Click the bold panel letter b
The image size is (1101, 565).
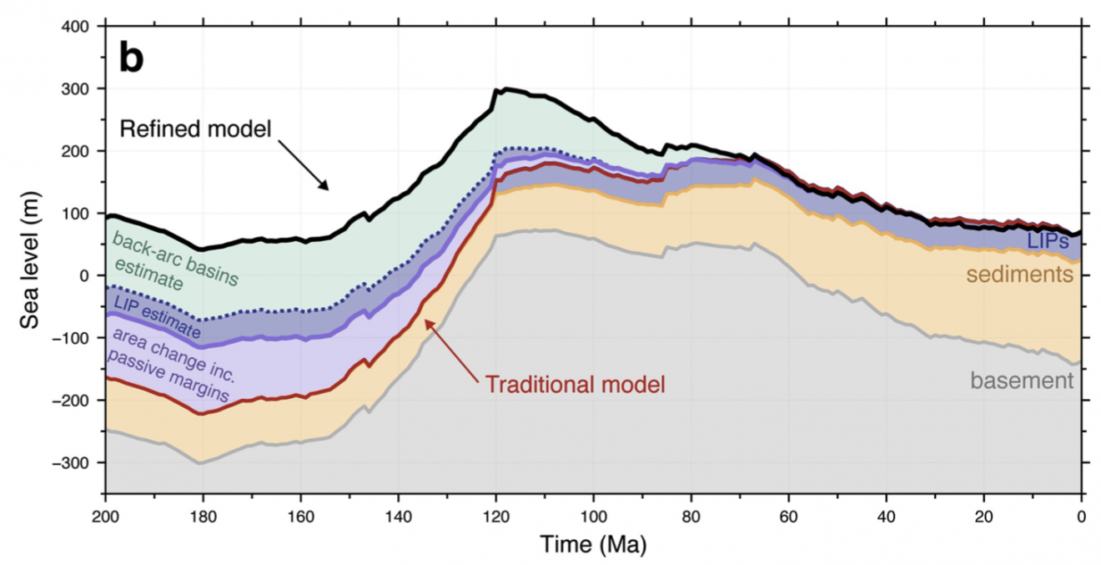132,58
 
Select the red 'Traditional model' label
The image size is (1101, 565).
575,385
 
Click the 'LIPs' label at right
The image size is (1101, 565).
1049,241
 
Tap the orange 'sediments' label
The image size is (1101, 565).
1019,275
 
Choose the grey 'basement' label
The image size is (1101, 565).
1021,381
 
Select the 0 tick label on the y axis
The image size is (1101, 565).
90,275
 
